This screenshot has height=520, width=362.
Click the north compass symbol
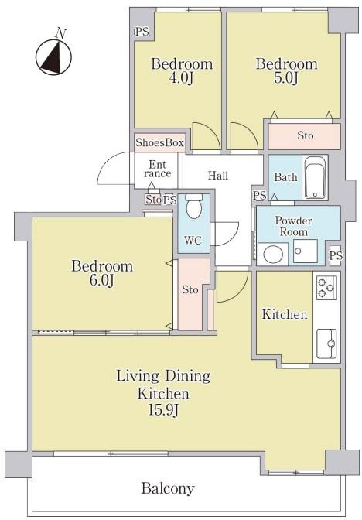(53, 56)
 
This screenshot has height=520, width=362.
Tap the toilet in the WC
(193, 207)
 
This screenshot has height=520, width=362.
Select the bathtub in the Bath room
(315, 177)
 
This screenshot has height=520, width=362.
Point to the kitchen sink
(327, 344)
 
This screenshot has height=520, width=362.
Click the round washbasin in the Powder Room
(273, 255)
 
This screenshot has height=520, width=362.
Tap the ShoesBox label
(159, 142)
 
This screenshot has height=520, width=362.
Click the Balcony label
(168, 488)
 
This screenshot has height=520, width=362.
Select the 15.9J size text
(164, 411)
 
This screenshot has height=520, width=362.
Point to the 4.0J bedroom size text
(181, 79)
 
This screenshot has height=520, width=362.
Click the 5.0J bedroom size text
(285, 79)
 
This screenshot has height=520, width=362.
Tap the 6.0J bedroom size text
(102, 281)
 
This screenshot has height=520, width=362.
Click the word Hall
(218, 175)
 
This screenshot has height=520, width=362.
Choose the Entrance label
(158, 169)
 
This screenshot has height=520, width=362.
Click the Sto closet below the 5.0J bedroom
(304, 136)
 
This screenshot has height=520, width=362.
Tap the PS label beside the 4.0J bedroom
(142, 32)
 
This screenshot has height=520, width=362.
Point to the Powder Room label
(293, 226)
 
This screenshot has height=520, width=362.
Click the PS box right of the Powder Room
(336, 255)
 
